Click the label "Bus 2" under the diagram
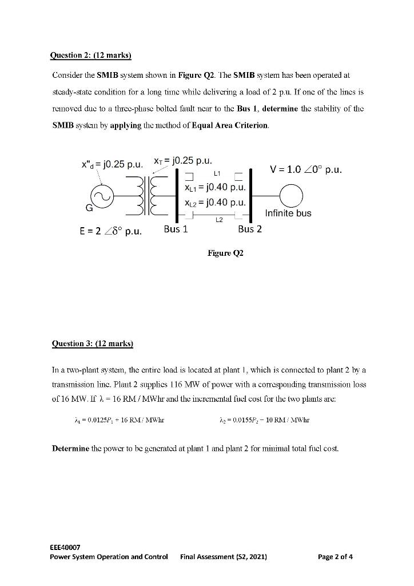click(x=250, y=229)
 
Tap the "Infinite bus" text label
click(x=288, y=213)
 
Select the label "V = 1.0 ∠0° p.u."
click(x=306, y=169)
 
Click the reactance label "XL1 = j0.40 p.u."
click(x=215, y=188)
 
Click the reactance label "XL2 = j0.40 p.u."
click(x=215, y=203)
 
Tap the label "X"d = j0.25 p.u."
click(x=111, y=165)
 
